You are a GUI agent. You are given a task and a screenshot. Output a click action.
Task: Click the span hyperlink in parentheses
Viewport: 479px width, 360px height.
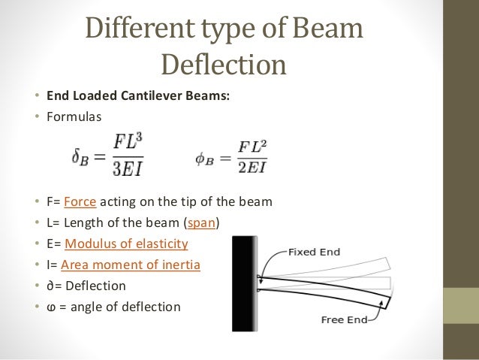[202, 222]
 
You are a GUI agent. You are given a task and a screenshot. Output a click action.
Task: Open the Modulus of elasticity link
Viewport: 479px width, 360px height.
[126, 244]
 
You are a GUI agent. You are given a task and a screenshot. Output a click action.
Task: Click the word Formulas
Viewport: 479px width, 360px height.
[73, 116]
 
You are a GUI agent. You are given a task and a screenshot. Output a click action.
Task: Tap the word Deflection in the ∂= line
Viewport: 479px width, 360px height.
[94, 286]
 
